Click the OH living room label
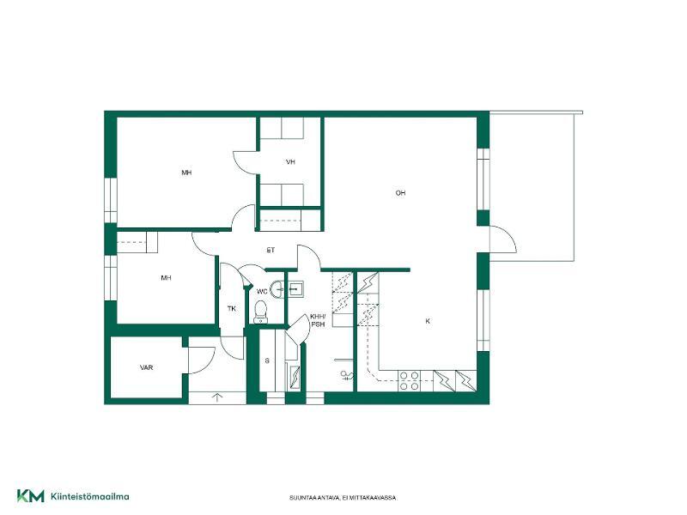coord(400,193)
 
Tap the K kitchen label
coord(428,321)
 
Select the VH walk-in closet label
coord(290,162)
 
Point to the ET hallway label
coord(271,250)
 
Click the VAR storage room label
coord(146,367)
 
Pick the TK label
coord(232,309)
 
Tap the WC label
coord(262,292)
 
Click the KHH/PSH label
coord(318,320)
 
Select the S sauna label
coord(267,360)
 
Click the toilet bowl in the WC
coord(261,311)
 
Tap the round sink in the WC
coord(277,289)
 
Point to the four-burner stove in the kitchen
coord(410,381)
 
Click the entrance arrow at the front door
coord(217,397)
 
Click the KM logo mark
coord(31,496)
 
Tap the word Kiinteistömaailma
coord(90,497)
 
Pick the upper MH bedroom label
coord(186,173)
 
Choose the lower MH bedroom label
coord(166,277)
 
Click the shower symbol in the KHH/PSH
coord(346,375)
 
